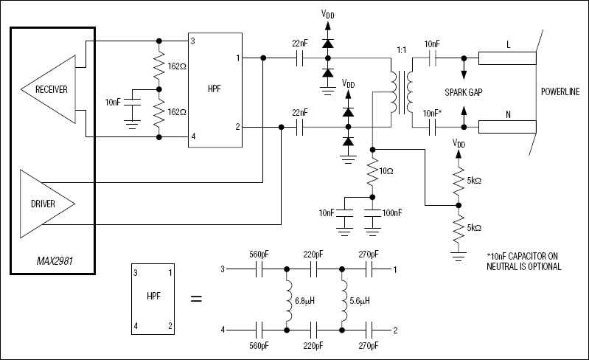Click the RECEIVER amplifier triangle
pos(48,89)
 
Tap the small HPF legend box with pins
pos(151,299)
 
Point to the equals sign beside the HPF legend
pos(197,299)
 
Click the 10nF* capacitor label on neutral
pos(433,111)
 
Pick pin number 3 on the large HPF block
pos(194,41)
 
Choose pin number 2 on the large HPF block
pos(237,127)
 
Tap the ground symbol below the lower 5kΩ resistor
pos(459,257)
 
